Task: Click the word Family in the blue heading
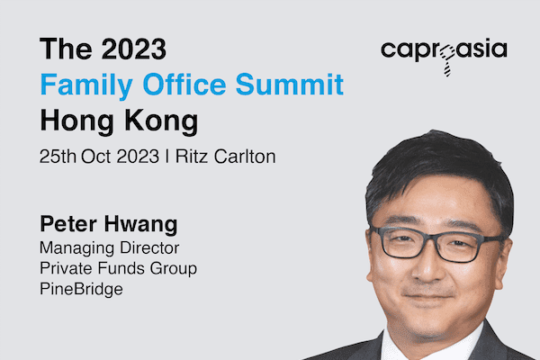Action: (86, 85)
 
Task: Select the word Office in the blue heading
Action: (184, 84)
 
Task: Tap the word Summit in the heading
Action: (290, 84)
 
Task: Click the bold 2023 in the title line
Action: (134, 49)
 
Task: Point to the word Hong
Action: (76, 121)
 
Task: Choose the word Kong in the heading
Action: (161, 121)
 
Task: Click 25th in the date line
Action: (58, 157)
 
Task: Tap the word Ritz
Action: (192, 157)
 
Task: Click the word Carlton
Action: (245, 157)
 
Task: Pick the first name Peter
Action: (68, 224)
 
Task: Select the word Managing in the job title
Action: (76, 248)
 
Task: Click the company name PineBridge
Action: (81, 289)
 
